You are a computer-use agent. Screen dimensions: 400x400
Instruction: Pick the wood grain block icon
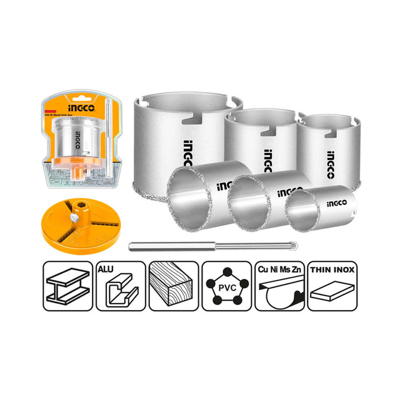[x=172, y=286]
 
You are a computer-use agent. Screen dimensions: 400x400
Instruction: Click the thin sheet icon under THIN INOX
[x=331, y=292]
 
